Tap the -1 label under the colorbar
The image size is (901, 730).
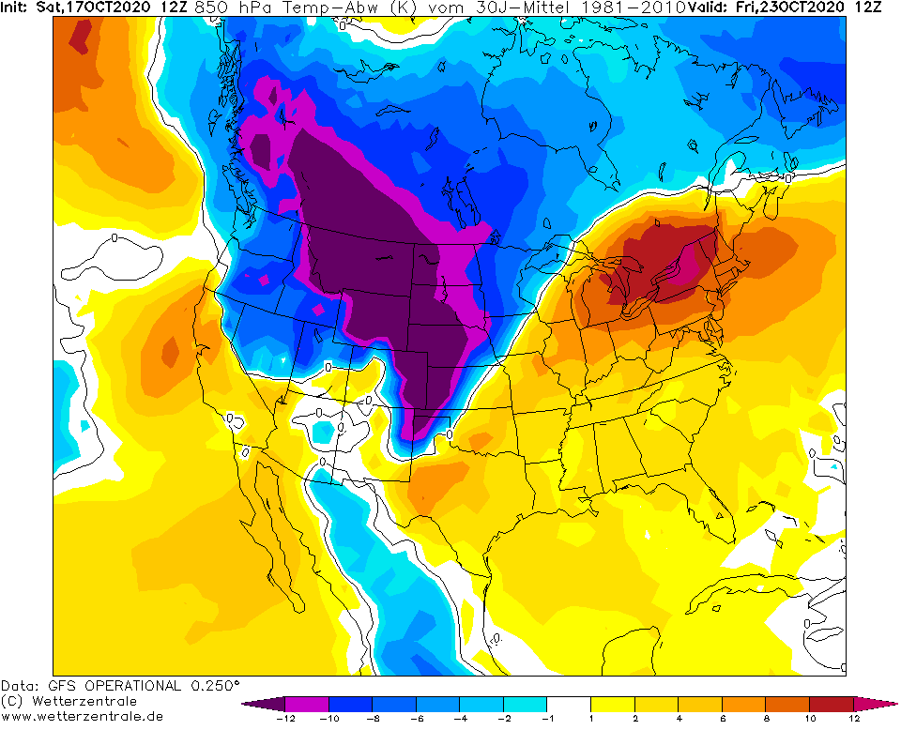tap(547, 719)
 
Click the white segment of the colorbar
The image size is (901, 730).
tap(569, 704)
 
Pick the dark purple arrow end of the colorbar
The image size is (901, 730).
tap(252, 704)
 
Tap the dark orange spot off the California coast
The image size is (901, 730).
tap(169, 353)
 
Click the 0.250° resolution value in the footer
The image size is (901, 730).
tap(214, 685)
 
